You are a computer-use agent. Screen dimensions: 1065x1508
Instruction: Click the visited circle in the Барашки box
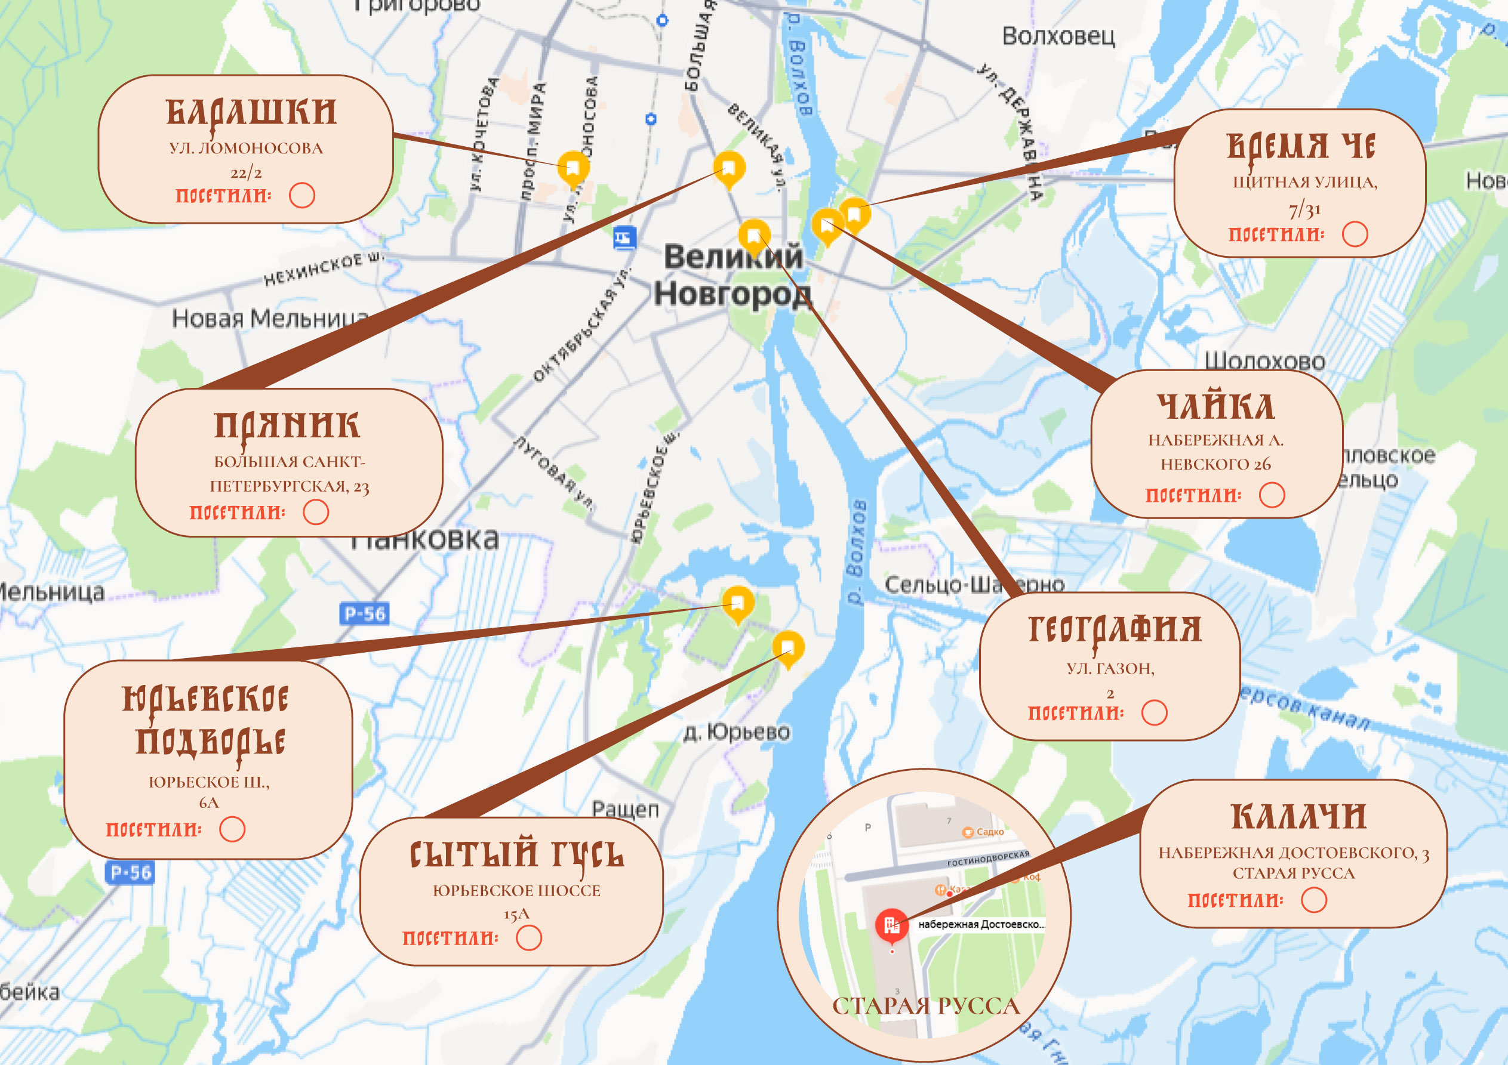click(302, 195)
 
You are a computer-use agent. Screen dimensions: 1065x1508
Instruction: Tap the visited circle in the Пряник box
click(315, 512)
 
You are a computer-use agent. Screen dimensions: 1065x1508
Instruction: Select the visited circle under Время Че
click(1355, 234)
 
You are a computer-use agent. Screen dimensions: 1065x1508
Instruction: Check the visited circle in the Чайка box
click(1272, 495)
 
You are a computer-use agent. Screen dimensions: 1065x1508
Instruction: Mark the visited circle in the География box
click(1154, 712)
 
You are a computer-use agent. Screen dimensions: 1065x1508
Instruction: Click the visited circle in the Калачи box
click(1313, 900)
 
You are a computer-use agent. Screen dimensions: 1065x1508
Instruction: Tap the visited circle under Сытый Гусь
click(529, 938)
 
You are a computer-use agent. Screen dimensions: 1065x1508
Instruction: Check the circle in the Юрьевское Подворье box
click(232, 829)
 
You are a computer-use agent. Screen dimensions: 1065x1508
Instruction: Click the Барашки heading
click(251, 112)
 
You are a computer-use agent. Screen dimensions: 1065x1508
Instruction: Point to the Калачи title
click(1298, 816)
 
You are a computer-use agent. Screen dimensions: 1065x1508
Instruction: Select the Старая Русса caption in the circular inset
click(925, 1006)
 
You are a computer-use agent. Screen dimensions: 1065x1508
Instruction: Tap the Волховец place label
click(1058, 36)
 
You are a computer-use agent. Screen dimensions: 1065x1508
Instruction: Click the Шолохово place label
click(1264, 360)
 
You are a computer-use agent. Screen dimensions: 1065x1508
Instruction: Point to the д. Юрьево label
click(736, 731)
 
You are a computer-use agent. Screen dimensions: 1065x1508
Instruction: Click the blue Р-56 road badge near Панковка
click(365, 613)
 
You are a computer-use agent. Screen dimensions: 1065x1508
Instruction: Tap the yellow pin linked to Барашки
click(573, 168)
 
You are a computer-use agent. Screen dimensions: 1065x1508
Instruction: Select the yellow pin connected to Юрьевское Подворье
click(737, 602)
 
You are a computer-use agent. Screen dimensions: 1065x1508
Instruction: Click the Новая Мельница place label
click(269, 319)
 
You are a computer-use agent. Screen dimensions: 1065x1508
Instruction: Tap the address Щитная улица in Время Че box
click(1304, 182)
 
